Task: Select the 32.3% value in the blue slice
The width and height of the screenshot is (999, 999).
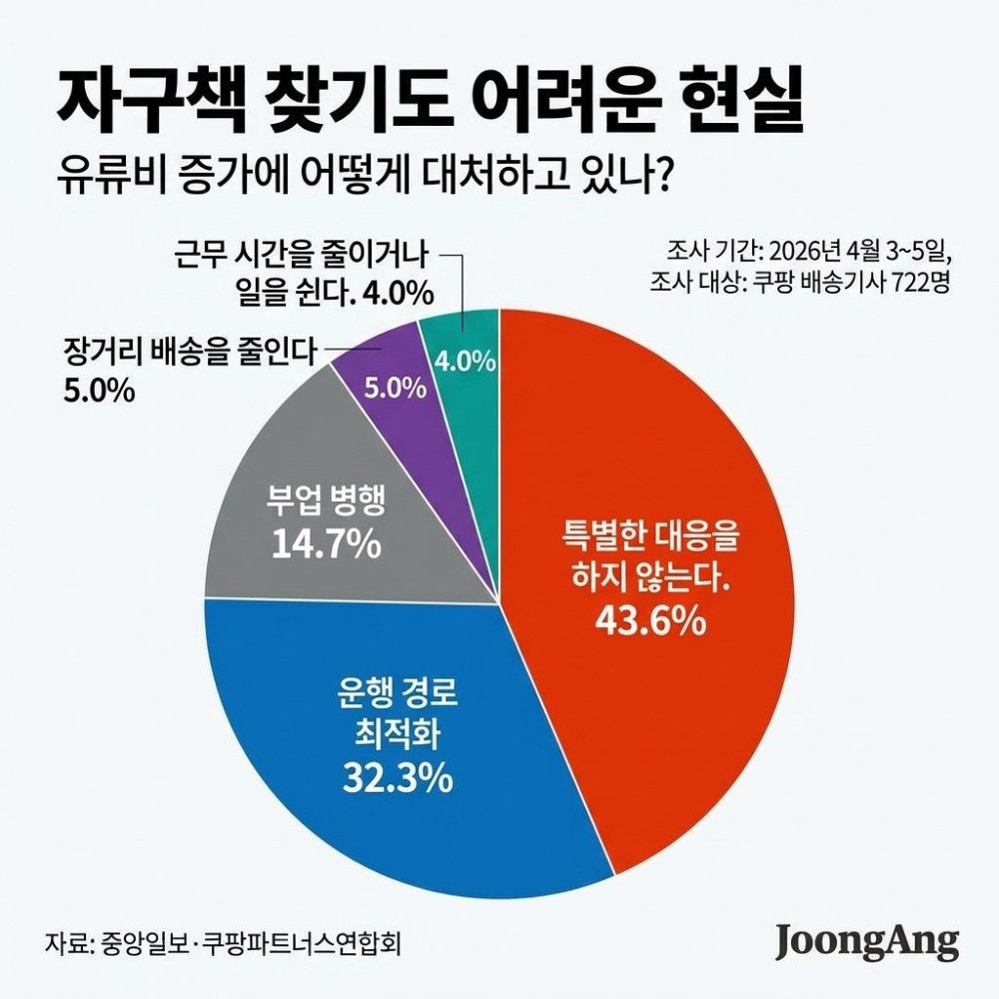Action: [397, 776]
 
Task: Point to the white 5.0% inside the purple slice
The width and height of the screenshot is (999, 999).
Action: [395, 389]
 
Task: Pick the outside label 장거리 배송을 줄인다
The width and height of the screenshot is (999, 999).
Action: [190, 351]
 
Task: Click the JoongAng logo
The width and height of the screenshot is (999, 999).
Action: [867, 942]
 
